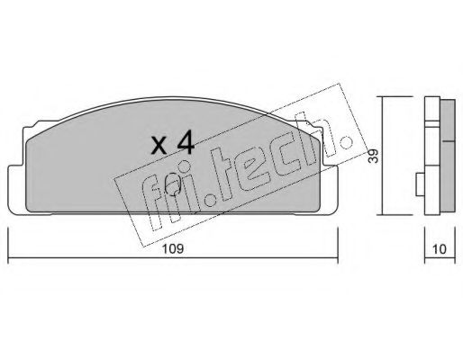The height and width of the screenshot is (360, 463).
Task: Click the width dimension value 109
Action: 173,249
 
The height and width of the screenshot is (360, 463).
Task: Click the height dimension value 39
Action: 373,156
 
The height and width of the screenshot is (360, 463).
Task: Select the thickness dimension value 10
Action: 440,249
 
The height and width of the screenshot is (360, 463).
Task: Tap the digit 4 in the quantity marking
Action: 186,143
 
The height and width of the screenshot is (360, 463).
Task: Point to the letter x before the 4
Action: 159,146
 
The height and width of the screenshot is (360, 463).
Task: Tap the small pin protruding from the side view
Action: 420,184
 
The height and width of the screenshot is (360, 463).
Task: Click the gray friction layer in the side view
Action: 448,157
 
